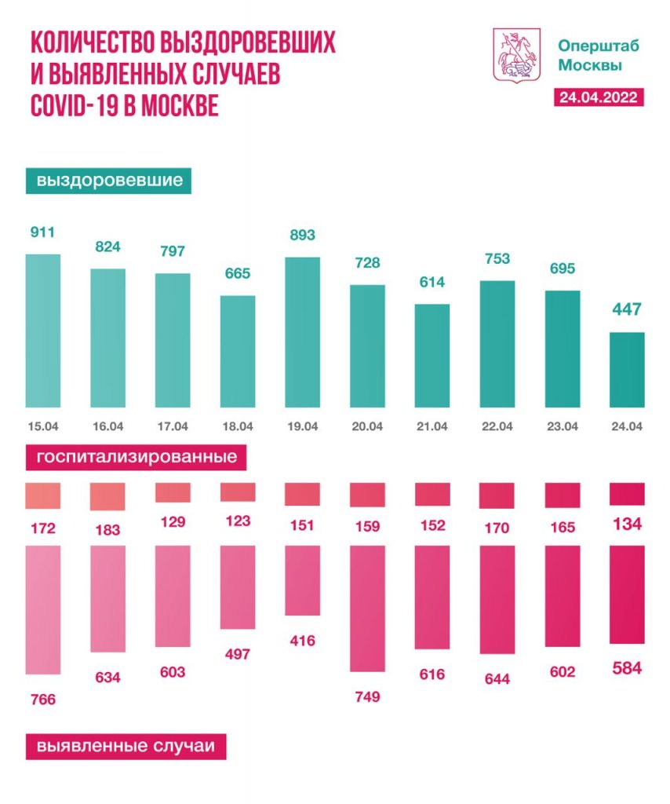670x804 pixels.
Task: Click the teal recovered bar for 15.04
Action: (43, 331)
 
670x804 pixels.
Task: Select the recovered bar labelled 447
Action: (627, 370)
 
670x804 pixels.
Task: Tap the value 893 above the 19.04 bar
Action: (303, 235)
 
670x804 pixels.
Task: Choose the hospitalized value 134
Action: (627, 524)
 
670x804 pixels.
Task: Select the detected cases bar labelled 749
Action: (367, 608)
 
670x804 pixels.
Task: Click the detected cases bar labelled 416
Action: (303, 580)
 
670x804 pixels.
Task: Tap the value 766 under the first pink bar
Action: (43, 700)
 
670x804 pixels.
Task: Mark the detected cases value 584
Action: (627, 669)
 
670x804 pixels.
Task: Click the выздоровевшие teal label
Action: (109, 181)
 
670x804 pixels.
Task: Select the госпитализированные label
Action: (132, 456)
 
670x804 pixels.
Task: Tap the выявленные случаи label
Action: (126, 746)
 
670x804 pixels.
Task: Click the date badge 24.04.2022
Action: (598, 97)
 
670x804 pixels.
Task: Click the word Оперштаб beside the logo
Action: (599, 45)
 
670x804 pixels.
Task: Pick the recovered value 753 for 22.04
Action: (497, 258)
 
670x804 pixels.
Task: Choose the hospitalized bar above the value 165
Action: (562, 495)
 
